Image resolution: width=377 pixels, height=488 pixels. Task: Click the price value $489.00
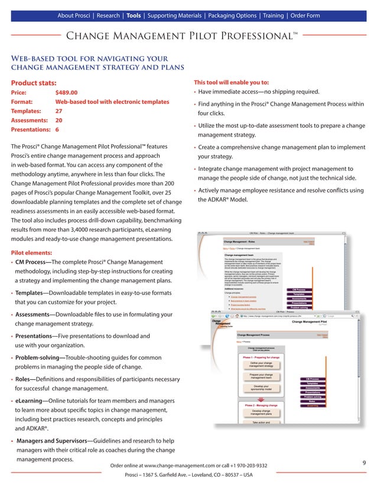click(66, 93)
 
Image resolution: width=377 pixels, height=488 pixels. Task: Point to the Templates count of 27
click(59, 110)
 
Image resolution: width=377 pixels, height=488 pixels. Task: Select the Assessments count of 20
click(59, 119)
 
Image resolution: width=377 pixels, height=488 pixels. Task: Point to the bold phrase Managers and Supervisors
click(51, 441)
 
